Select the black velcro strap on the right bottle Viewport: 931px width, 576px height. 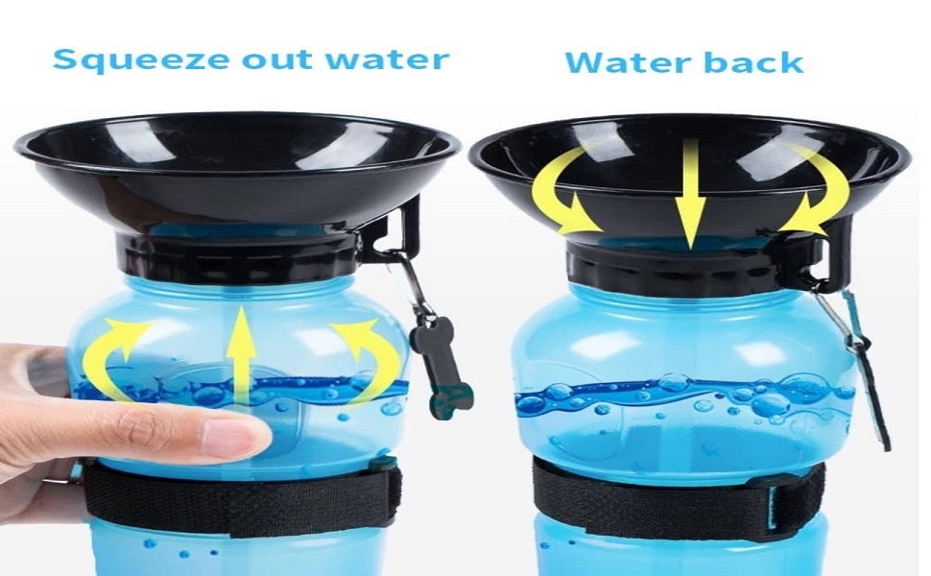pos(677,499)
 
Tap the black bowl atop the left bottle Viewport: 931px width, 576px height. pos(237,169)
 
